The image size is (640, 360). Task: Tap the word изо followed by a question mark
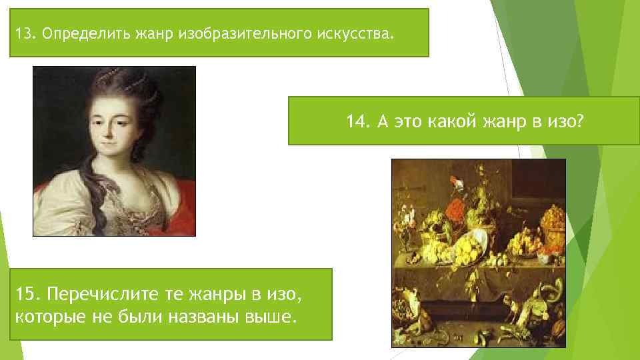click(566, 121)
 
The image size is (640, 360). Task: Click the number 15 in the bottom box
click(26, 294)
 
